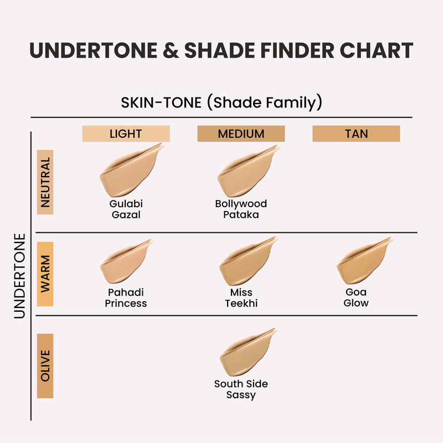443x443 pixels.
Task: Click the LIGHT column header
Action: pos(126,133)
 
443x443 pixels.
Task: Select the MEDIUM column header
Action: pos(241,133)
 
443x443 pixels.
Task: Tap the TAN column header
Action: pos(356,133)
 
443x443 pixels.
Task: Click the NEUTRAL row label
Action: pos(45,182)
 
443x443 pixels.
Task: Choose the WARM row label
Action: pos(45,274)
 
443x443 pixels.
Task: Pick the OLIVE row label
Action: pos(45,365)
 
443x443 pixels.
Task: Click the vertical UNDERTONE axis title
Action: pos(20,275)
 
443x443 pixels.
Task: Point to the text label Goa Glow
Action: pos(356,297)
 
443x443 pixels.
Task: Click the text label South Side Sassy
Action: pos(241,389)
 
